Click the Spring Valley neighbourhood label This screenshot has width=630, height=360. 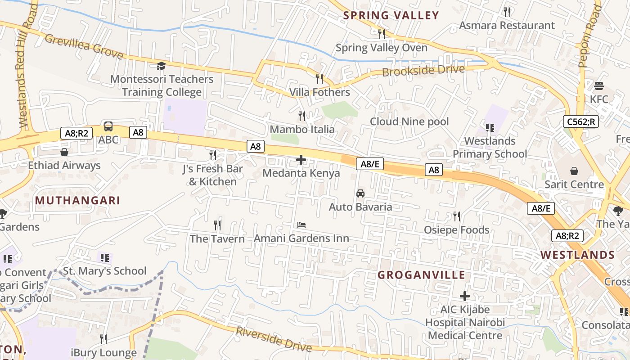[391, 15]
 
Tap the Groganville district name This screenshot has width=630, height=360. [421, 275]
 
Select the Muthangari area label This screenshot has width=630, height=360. [77, 200]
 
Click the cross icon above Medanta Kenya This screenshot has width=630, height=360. [301, 160]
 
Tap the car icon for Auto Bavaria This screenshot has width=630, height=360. [360, 193]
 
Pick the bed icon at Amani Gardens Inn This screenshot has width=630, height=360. [301, 225]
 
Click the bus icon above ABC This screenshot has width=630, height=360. [108, 126]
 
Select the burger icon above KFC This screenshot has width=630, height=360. [598, 85]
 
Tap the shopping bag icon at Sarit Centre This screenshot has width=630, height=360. [574, 171]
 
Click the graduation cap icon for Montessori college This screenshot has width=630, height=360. [161, 66]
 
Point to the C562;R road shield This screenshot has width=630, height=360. [580, 121]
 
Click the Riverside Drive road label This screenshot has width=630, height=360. [274, 339]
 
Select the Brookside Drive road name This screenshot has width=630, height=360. [423, 71]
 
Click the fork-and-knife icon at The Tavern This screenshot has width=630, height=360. [217, 225]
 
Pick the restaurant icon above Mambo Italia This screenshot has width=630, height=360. [302, 116]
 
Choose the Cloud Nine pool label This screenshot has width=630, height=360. [409, 121]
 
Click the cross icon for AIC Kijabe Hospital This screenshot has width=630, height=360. [464, 296]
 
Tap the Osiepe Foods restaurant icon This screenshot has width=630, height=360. [456, 216]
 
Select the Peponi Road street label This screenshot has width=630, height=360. [589, 36]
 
